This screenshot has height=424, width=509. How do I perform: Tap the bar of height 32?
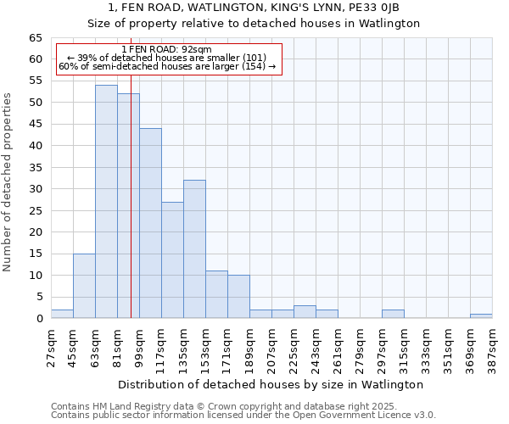(x=194, y=249)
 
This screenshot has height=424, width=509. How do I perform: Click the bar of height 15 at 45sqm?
(x=84, y=286)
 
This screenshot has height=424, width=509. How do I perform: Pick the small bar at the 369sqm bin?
(x=481, y=316)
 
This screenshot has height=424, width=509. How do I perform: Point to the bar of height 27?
(x=172, y=260)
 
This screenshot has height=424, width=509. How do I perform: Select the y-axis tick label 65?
(x=35, y=38)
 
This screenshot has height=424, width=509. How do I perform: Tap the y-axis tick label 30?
(x=35, y=189)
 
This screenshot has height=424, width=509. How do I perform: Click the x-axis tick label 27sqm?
(x=52, y=346)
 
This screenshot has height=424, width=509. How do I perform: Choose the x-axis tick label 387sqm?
(x=493, y=346)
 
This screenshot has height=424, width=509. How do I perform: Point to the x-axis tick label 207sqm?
(x=272, y=346)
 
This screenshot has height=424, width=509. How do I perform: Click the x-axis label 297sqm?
(x=383, y=346)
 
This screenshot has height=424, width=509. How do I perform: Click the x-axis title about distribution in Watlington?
(x=271, y=384)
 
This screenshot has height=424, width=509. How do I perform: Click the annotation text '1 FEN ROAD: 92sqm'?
(x=167, y=49)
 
